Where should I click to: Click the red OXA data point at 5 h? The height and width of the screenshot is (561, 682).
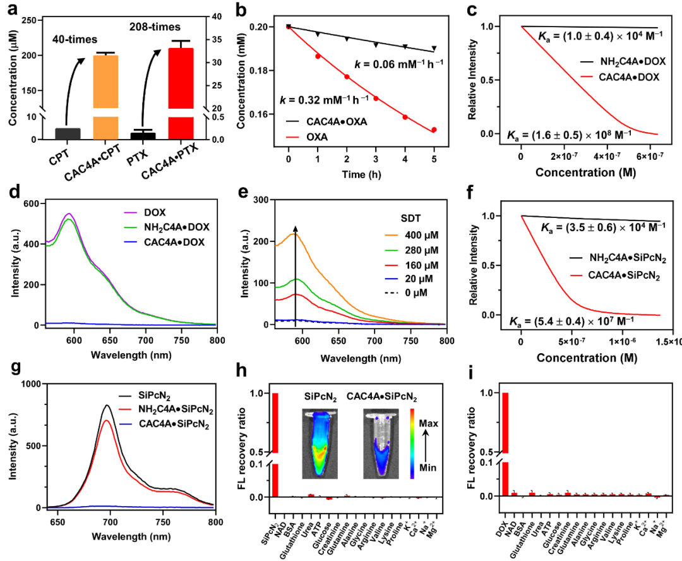click(x=434, y=130)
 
